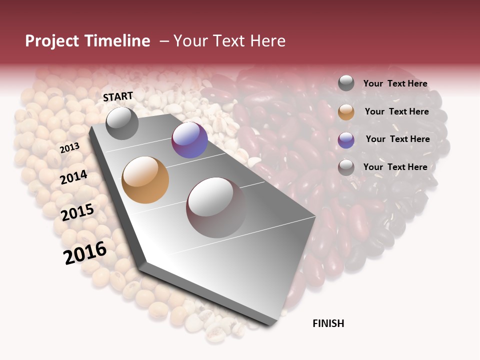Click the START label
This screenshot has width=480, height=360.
tap(118, 96)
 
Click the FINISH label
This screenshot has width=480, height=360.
tap(328, 323)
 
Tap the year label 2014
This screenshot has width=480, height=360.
tap(73, 177)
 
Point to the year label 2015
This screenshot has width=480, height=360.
tap(77, 212)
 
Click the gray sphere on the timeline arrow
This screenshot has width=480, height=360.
tap(122, 123)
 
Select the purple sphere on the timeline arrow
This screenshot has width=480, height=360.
tap(189, 140)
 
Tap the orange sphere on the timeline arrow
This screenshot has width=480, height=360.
tap(145, 180)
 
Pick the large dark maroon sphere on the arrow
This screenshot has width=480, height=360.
tap(216, 207)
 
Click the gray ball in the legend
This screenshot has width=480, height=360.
tap(346, 83)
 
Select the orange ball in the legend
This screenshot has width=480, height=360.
tap(346, 112)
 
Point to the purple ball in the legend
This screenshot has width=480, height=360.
tap(346, 140)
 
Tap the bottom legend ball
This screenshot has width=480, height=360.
tap(346, 167)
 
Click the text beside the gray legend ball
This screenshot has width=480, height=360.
tap(395, 83)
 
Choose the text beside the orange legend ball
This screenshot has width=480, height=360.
tap(396, 111)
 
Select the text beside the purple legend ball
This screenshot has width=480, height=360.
tap(397, 139)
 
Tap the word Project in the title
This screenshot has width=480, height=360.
tap(52, 41)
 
